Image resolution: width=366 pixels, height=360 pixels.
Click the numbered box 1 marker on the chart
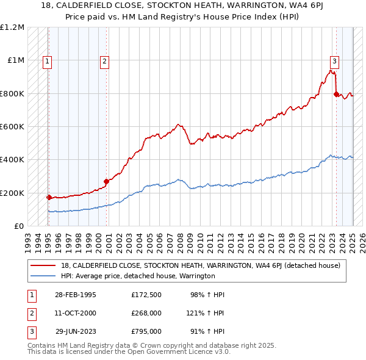pyautogui.click(x=47, y=60)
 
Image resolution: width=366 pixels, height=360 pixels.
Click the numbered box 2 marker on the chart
pyautogui.click(x=105, y=60)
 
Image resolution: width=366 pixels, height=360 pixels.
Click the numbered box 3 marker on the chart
pyautogui.click(x=335, y=60)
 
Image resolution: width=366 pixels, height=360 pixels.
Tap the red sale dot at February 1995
pyautogui.click(x=49, y=197)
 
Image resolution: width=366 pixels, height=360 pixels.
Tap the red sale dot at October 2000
pyautogui.click(x=106, y=181)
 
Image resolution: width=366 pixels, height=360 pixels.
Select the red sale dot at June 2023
pyautogui.click(x=336, y=94)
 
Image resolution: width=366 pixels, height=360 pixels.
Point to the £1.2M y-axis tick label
pyautogui.click(x=12, y=27)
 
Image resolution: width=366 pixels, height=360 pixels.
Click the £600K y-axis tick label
pyautogui.click(x=12, y=127)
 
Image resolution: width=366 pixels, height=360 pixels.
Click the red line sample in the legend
pyautogui.click(x=44, y=265)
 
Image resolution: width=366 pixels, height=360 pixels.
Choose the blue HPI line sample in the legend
pyautogui.click(x=44, y=276)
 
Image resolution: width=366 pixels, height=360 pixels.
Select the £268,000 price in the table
pyautogui.click(x=146, y=313)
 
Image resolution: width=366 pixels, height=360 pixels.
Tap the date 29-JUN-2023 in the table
pyautogui.click(x=76, y=331)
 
